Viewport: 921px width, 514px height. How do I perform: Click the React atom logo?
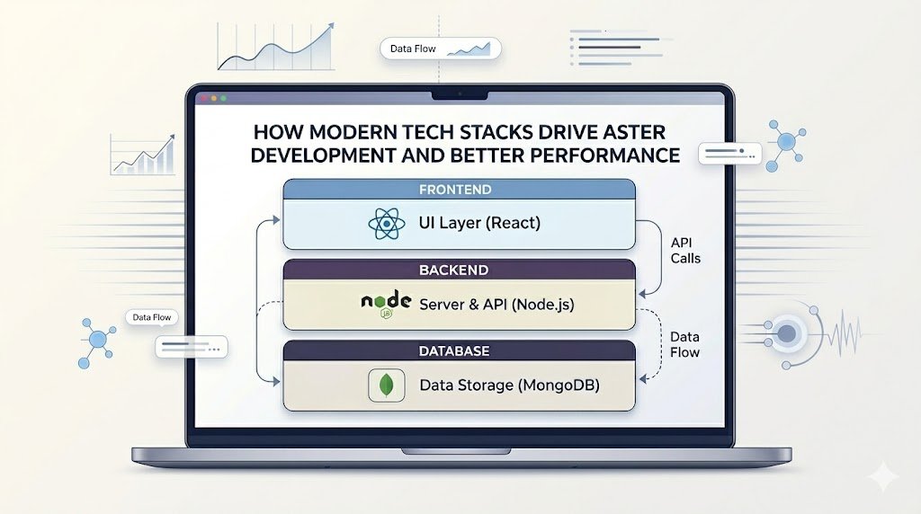pos(387,224)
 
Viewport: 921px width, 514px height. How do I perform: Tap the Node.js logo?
pos(386,304)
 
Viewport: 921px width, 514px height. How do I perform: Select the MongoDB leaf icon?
pos(387,385)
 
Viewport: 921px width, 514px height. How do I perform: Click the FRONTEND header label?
pos(455,190)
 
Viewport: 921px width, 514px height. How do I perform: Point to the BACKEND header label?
pos(453,270)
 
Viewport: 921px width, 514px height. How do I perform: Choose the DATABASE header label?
pos(454,350)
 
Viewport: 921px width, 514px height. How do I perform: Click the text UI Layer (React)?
pos(479,223)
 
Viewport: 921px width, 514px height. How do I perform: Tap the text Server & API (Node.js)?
pos(496,304)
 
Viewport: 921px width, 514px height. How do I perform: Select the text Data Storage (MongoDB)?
pos(509,385)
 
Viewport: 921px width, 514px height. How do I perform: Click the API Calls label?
pos(684,251)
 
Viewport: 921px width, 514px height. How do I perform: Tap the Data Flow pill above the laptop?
pos(441,49)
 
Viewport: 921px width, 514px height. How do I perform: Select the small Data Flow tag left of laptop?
pos(151,317)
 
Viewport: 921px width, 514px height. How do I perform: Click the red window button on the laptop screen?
pos(204,99)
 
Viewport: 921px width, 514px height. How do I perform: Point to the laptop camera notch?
pos(460,94)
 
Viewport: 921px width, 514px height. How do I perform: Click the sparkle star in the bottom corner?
pos(883,476)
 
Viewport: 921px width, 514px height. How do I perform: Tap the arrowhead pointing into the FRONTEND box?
pos(275,220)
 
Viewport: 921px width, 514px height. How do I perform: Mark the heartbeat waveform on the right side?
pos(843,333)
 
